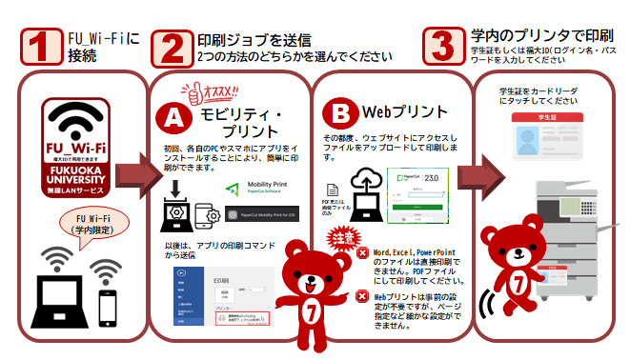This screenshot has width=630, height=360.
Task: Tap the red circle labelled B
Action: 340,112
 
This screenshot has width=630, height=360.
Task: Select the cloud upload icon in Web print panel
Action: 368,184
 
